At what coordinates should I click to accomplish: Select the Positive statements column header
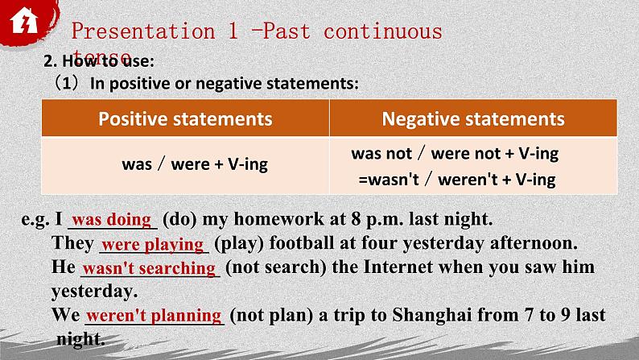pos(185,119)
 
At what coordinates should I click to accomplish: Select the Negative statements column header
pos(473,119)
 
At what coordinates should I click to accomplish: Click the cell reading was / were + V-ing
pos(195,164)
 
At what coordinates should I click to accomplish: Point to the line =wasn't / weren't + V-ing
pos(457,180)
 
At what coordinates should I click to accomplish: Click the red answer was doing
pos(111,219)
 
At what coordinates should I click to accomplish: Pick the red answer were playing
pos(153,243)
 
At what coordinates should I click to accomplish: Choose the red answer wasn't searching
pos(149,268)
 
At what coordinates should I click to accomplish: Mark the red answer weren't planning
pos(153,316)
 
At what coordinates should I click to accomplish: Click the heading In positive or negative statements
pos(224,83)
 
